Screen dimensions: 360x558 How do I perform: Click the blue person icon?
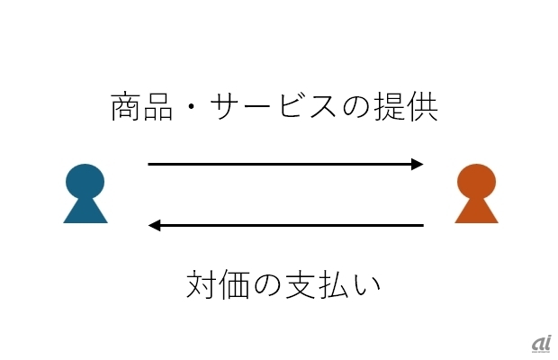pyautogui.click(x=85, y=193)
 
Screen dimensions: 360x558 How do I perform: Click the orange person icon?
pyautogui.click(x=476, y=193)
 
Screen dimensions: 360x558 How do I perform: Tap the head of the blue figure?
pyautogui.click(x=85, y=181)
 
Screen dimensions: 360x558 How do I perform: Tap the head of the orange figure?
pyautogui.click(x=476, y=181)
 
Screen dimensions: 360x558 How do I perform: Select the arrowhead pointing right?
pyautogui.click(x=417, y=164)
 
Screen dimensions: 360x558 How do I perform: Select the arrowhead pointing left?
pyautogui.click(x=155, y=225)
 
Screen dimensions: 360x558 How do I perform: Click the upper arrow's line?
pyautogui.click(x=279, y=164)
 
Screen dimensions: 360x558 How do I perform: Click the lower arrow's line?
pyautogui.click(x=288, y=225)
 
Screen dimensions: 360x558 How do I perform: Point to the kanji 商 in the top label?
pyautogui.click(x=126, y=108)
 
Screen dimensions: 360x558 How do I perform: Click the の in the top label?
pyautogui.click(x=357, y=109)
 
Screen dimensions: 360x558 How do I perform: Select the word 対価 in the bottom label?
pyautogui.click(x=219, y=283)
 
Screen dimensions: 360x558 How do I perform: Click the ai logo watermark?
pyautogui.click(x=540, y=342)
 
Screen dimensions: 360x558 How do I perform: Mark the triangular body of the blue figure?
pyautogui.click(x=85, y=211)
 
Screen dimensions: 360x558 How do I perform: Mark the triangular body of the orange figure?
pyautogui.click(x=476, y=211)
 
